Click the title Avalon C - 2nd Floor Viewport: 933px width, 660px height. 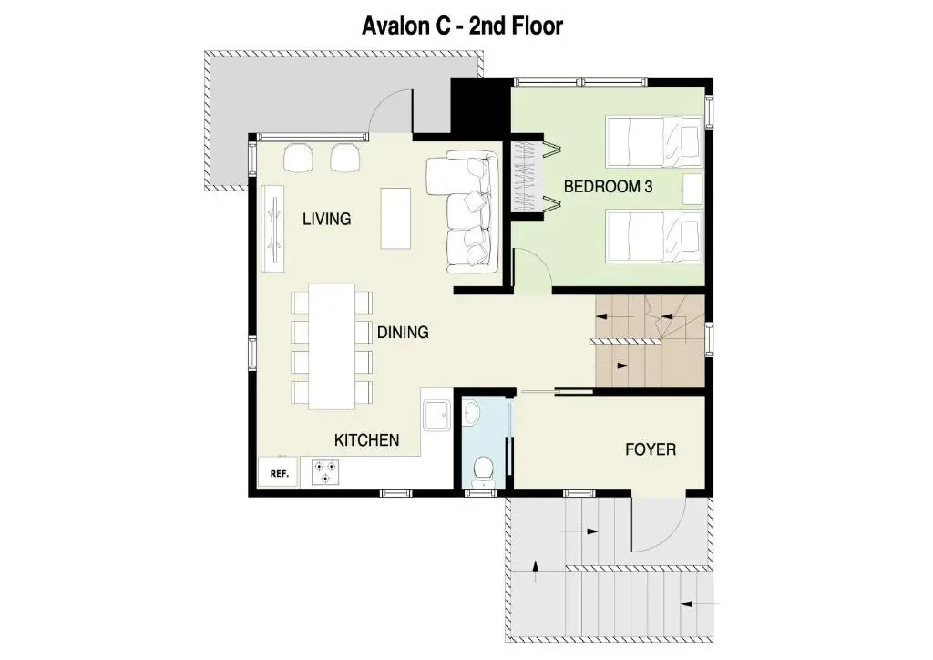pos(462,26)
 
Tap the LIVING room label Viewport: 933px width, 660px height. pos(327,219)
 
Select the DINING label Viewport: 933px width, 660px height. pos(403,332)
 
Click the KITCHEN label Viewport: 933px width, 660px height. pos(366,440)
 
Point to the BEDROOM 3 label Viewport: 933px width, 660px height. pos(608,187)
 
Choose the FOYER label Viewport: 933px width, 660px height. pos(651,449)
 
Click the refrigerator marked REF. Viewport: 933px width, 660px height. pos(278,473)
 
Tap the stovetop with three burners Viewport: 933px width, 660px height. pos(325,472)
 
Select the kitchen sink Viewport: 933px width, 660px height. pos(437,415)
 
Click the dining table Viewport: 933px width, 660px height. pos(332,346)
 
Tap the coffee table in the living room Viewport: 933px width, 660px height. pos(395,219)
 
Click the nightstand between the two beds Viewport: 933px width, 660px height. pos(692,190)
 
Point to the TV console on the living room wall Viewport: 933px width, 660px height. pos(272,228)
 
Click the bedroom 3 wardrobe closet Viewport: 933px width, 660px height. pos(528,175)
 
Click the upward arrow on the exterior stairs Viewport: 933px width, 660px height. pos(536,571)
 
